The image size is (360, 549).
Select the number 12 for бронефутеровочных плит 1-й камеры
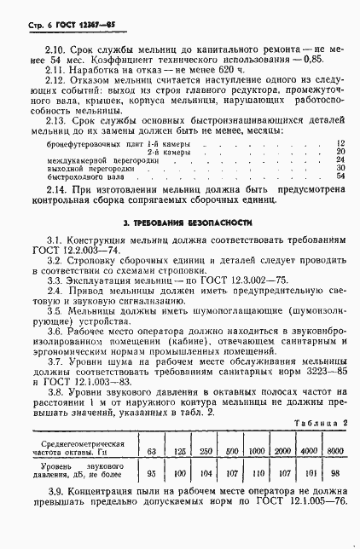tap(340, 142)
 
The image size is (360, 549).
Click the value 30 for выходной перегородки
tap(340, 168)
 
